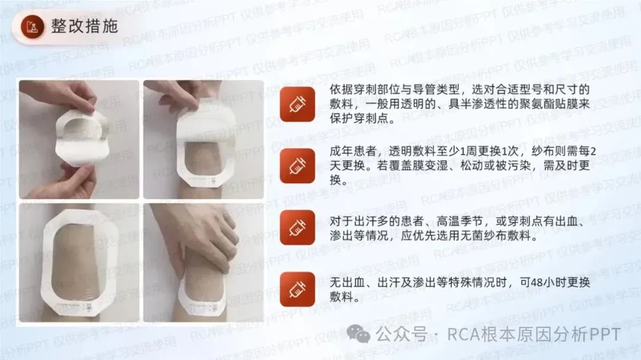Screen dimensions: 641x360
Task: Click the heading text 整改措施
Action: coord(85,27)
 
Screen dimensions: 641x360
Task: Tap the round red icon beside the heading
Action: coord(32,27)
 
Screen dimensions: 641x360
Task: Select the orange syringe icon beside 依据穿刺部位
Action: coord(297,104)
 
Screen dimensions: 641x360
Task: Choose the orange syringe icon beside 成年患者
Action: coord(297,166)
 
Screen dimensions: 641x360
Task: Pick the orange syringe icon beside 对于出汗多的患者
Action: coord(297,228)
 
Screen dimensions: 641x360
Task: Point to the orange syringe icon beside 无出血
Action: coord(297,289)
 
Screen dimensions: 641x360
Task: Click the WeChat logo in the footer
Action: coord(358,334)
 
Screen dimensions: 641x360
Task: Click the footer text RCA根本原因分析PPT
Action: coord(534,334)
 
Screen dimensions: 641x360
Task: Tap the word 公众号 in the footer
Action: coord(401,334)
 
